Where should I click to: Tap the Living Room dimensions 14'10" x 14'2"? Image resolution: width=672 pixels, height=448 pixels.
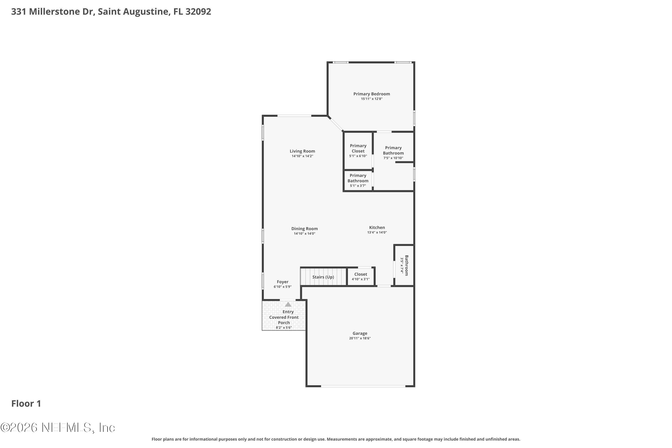[302, 156]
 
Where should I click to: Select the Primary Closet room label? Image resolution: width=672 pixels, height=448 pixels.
[358, 148]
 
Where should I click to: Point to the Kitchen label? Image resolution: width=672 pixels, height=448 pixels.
[377, 227]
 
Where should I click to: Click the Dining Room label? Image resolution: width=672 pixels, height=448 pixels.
[305, 228]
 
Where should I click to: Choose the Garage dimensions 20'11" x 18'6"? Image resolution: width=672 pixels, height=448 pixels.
[360, 338]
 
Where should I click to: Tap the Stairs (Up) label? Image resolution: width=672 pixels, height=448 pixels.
[323, 277]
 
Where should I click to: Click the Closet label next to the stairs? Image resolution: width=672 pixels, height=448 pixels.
[361, 274]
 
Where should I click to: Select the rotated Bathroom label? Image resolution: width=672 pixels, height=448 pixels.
[407, 265]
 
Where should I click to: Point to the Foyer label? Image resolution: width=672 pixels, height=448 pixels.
[282, 282]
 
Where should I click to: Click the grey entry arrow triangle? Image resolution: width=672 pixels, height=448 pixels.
[288, 304]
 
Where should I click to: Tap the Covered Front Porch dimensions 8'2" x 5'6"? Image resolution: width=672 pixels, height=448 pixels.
[284, 328]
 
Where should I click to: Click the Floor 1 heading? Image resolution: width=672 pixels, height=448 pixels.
[26, 403]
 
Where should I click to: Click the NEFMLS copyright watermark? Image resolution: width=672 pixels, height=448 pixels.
[58, 428]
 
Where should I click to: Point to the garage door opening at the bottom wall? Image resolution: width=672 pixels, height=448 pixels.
[363, 386]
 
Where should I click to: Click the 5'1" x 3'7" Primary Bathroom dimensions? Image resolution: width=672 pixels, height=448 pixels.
[358, 186]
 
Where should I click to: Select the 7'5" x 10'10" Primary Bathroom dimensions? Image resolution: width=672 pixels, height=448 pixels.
[393, 158]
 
